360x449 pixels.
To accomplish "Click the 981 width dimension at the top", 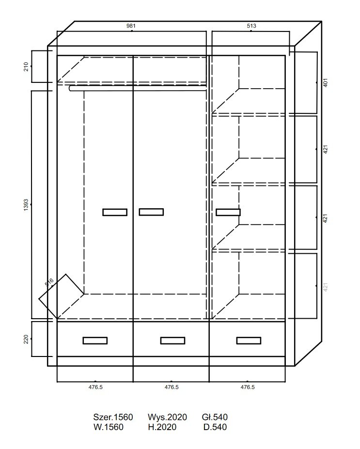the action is coord(131,26).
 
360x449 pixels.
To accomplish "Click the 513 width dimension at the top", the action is coord(251,26).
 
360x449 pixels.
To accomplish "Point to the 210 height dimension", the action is coord(26,66).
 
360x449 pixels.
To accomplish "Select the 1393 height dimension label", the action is coord(26,205).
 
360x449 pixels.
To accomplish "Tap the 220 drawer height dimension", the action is coord(26,340).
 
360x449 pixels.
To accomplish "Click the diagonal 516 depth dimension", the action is coord(49,282).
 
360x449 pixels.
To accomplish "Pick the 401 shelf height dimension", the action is coord(325,82).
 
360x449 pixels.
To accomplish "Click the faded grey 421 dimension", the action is coord(325,287).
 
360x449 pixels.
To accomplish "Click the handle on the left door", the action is coord(115,212).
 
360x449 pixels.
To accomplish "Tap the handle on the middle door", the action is coord(151,212).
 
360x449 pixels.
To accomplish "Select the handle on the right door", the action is coord(228,212).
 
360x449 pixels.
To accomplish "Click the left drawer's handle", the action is coord(95,341).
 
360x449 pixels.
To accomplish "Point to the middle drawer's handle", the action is coord(172,341).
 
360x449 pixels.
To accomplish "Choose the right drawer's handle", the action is coord(249,341).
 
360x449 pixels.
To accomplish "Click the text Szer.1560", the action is coord(113,417).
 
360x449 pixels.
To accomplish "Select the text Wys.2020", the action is coord(167,417).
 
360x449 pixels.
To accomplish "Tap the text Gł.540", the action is coord(215,417).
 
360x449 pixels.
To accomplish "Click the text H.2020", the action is coord(162,427).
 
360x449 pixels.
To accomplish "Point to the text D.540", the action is coord(215,427).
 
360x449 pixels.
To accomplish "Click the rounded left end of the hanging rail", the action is coord(70,88).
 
